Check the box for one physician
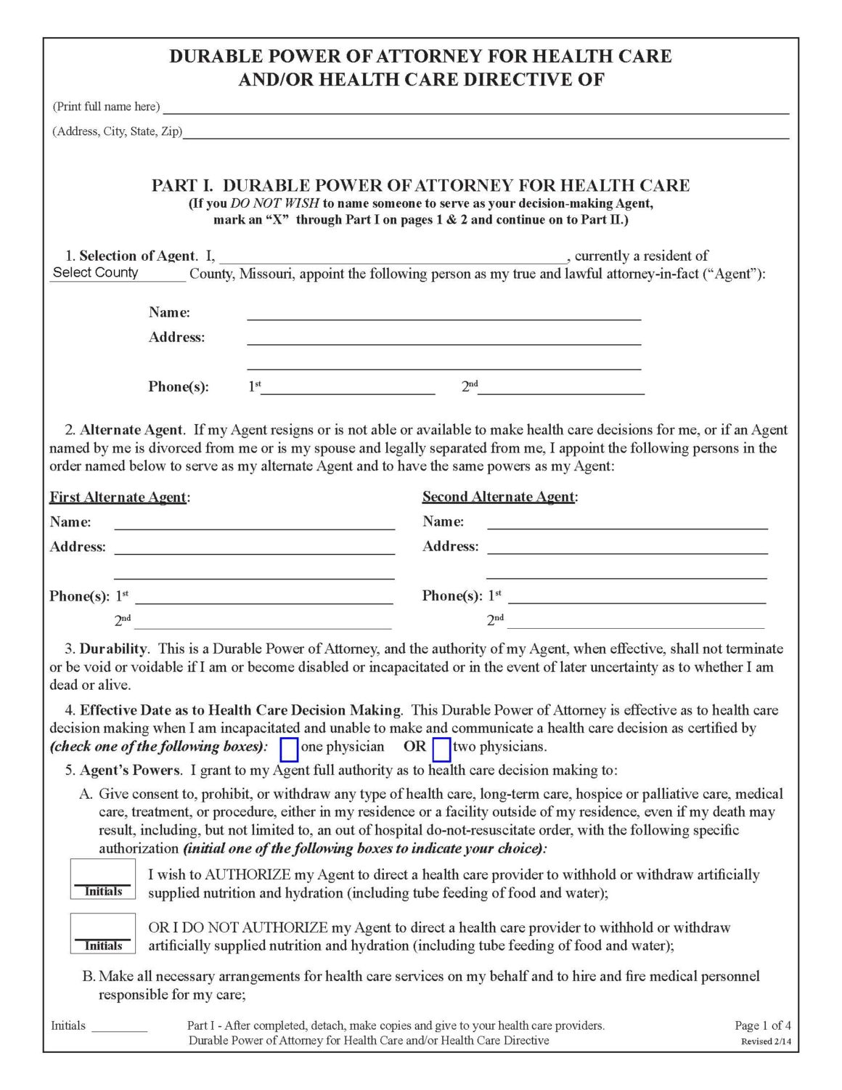pyautogui.click(x=289, y=749)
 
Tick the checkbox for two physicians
pyautogui.click(x=441, y=749)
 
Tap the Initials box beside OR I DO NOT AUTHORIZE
pyautogui.click(x=103, y=932)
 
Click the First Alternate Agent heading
pyautogui.click(x=118, y=497)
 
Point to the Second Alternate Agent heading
pyautogui.click(x=499, y=497)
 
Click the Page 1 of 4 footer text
pyautogui.click(x=762, y=1025)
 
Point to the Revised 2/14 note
pyautogui.click(x=766, y=1041)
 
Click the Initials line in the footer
pyautogui.click(x=119, y=1026)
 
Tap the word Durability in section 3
pyautogui.click(x=113, y=648)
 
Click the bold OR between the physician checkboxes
pyautogui.click(x=414, y=747)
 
